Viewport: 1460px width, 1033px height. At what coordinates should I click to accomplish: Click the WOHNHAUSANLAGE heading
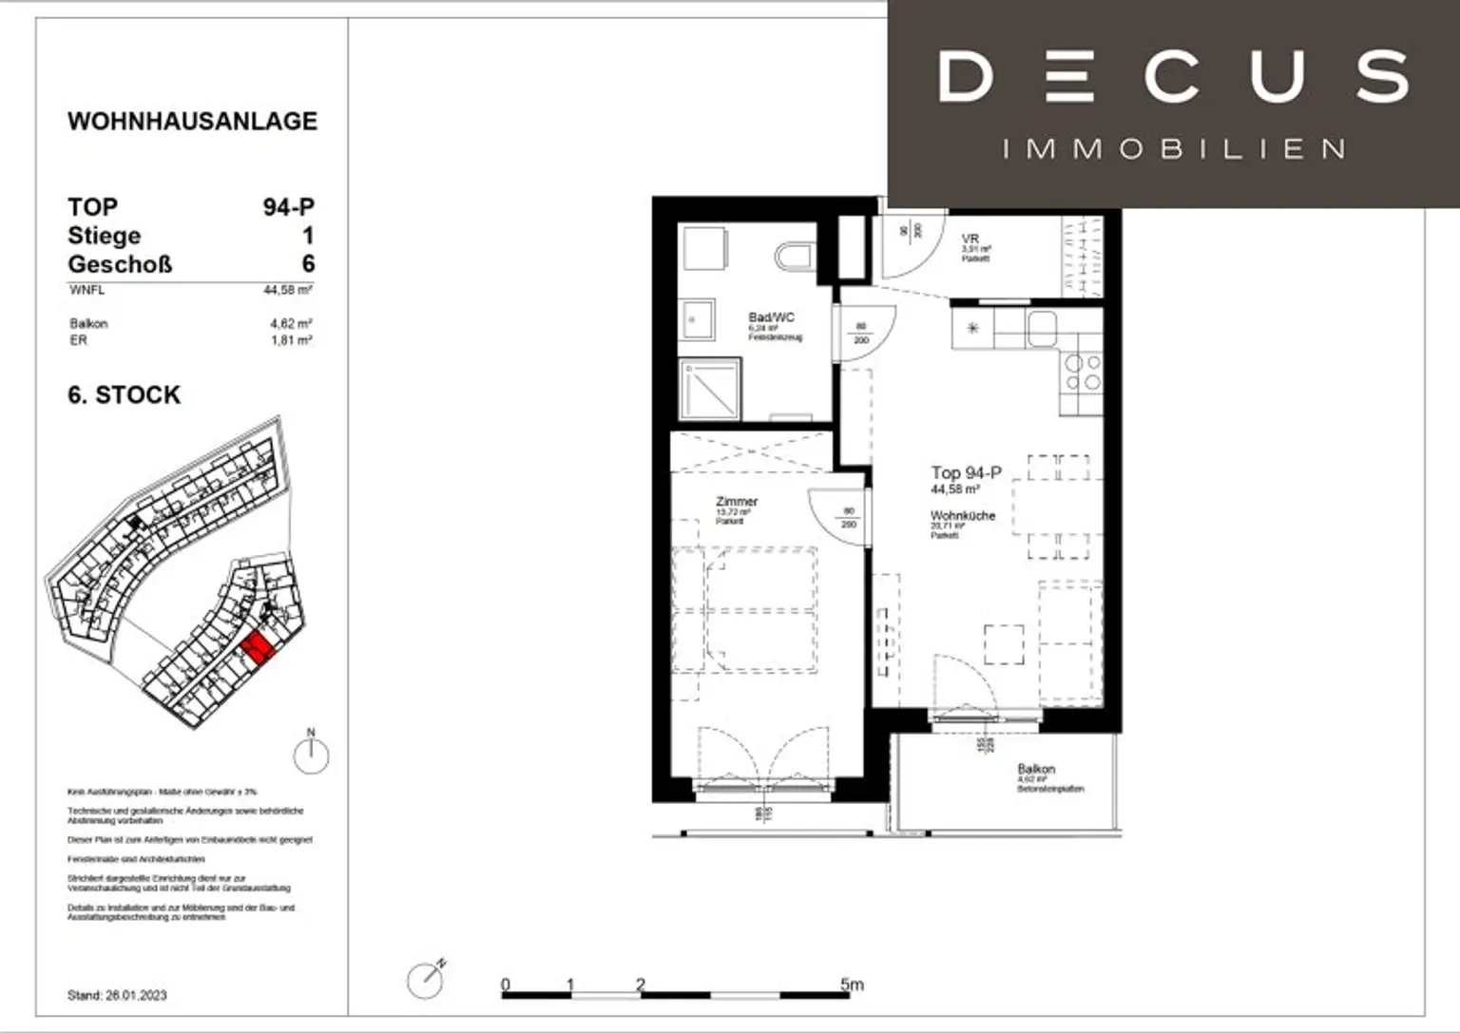pos(192,122)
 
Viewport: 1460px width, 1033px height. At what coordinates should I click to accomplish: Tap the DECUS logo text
pos(1173,77)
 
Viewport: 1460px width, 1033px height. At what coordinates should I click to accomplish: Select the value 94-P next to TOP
pos(288,207)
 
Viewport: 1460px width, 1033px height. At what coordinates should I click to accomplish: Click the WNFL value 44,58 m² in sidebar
pos(287,290)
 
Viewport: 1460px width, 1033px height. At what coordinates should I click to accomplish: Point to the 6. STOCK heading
pos(124,395)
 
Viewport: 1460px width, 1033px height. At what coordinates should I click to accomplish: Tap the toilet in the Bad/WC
pos(794,256)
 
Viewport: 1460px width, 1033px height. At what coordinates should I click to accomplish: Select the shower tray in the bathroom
pos(709,389)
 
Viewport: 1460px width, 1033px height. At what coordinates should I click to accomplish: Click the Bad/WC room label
pos(771,317)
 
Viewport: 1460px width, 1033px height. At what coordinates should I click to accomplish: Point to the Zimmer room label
pos(737,501)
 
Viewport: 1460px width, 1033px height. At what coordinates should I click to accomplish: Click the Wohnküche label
pos(962,515)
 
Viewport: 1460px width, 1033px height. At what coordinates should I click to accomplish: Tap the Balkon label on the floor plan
pos(1036,769)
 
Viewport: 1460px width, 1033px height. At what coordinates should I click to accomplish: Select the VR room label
pos(970,239)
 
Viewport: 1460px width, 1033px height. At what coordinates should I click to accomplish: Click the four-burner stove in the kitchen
pos(1083,373)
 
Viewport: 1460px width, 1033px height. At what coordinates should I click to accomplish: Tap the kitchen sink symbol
pos(1042,329)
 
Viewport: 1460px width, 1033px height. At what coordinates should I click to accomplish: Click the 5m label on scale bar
pos(852,985)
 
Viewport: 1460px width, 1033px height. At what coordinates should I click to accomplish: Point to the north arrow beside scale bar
pos(426,979)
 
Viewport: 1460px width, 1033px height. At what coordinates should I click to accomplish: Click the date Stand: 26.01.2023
pos(117,995)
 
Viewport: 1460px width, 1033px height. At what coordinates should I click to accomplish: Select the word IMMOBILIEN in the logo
pos(1174,149)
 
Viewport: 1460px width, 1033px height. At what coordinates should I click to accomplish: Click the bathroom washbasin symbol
pos(697,320)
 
